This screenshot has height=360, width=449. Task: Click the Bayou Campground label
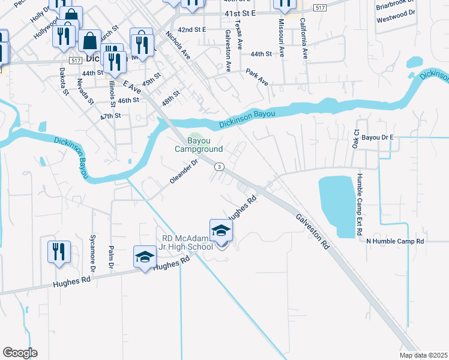pos(199,145)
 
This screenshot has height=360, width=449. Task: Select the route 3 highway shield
pos(220,166)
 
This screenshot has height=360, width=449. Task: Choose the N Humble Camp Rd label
pos(396,241)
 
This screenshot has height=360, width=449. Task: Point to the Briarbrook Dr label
pos(395,7)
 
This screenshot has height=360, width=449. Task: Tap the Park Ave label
pos(257,77)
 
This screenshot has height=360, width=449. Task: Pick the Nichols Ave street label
pos(178,45)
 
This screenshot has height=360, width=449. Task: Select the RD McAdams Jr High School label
pos(186,242)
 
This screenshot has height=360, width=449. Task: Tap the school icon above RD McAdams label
pos(221,231)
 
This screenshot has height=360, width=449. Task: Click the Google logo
pos(20,352)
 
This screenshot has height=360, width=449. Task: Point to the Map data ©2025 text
pos(423,355)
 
